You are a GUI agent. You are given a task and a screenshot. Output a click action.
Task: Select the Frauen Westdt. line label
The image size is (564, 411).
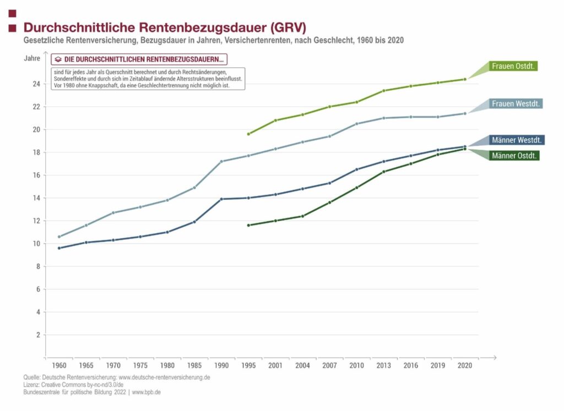[516, 103]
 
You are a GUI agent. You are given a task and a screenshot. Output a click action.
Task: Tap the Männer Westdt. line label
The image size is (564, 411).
[516, 140]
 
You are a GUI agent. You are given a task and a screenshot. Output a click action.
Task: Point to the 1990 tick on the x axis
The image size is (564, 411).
[221, 365]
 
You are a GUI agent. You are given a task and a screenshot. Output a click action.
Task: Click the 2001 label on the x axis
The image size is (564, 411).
[275, 365]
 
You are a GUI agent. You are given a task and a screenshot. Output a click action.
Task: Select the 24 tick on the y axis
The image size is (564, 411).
[36, 84]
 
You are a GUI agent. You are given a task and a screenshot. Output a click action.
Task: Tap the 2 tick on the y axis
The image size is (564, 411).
[38, 335]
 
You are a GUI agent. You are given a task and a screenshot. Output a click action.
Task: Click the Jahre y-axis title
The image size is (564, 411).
[32, 58]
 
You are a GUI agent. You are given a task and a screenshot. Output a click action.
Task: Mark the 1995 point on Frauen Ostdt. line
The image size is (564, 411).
[248, 134]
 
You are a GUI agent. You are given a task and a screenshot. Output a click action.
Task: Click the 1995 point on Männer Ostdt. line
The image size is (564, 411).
[248, 225]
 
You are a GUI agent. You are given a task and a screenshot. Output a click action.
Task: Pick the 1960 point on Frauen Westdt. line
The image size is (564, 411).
[59, 237]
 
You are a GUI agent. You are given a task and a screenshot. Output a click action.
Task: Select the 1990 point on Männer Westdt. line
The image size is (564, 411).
[221, 199]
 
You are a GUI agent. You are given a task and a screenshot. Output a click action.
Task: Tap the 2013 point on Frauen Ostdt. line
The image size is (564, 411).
[384, 90]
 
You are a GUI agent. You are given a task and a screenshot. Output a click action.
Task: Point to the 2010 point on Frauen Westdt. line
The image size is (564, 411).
[357, 123]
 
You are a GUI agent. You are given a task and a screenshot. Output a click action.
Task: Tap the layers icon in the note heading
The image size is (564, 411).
[57, 59]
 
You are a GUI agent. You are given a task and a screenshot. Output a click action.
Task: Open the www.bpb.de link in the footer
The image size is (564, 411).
[147, 392]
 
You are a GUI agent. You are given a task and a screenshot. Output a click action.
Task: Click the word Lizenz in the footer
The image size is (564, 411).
[32, 385]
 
